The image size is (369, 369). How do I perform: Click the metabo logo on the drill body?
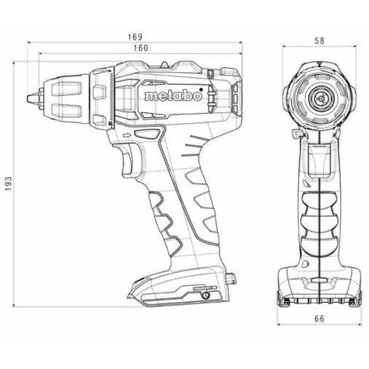click(169, 96)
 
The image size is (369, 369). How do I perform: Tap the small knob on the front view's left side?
click(295, 132)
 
